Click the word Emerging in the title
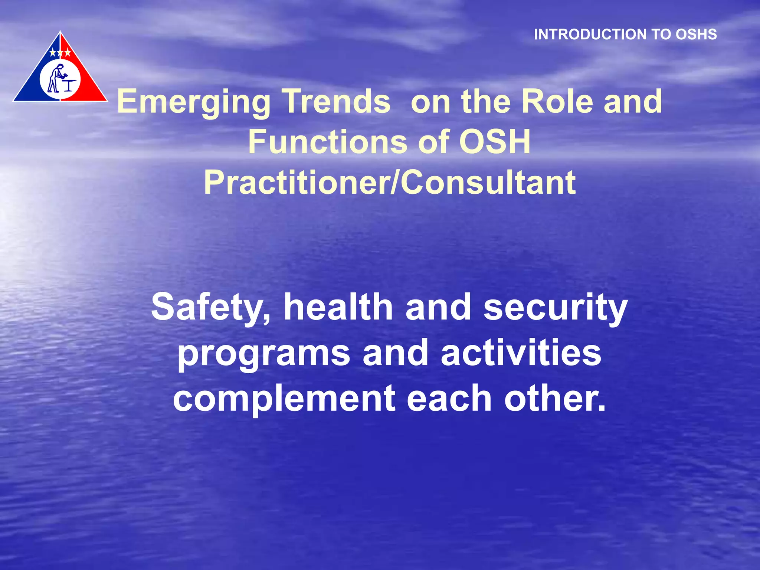pyautogui.click(x=193, y=102)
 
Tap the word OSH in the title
pyautogui.click(x=495, y=142)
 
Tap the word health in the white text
pyautogui.click(x=338, y=307)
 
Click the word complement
pyautogui.click(x=284, y=399)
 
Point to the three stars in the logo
pyautogui.click(x=60, y=53)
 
